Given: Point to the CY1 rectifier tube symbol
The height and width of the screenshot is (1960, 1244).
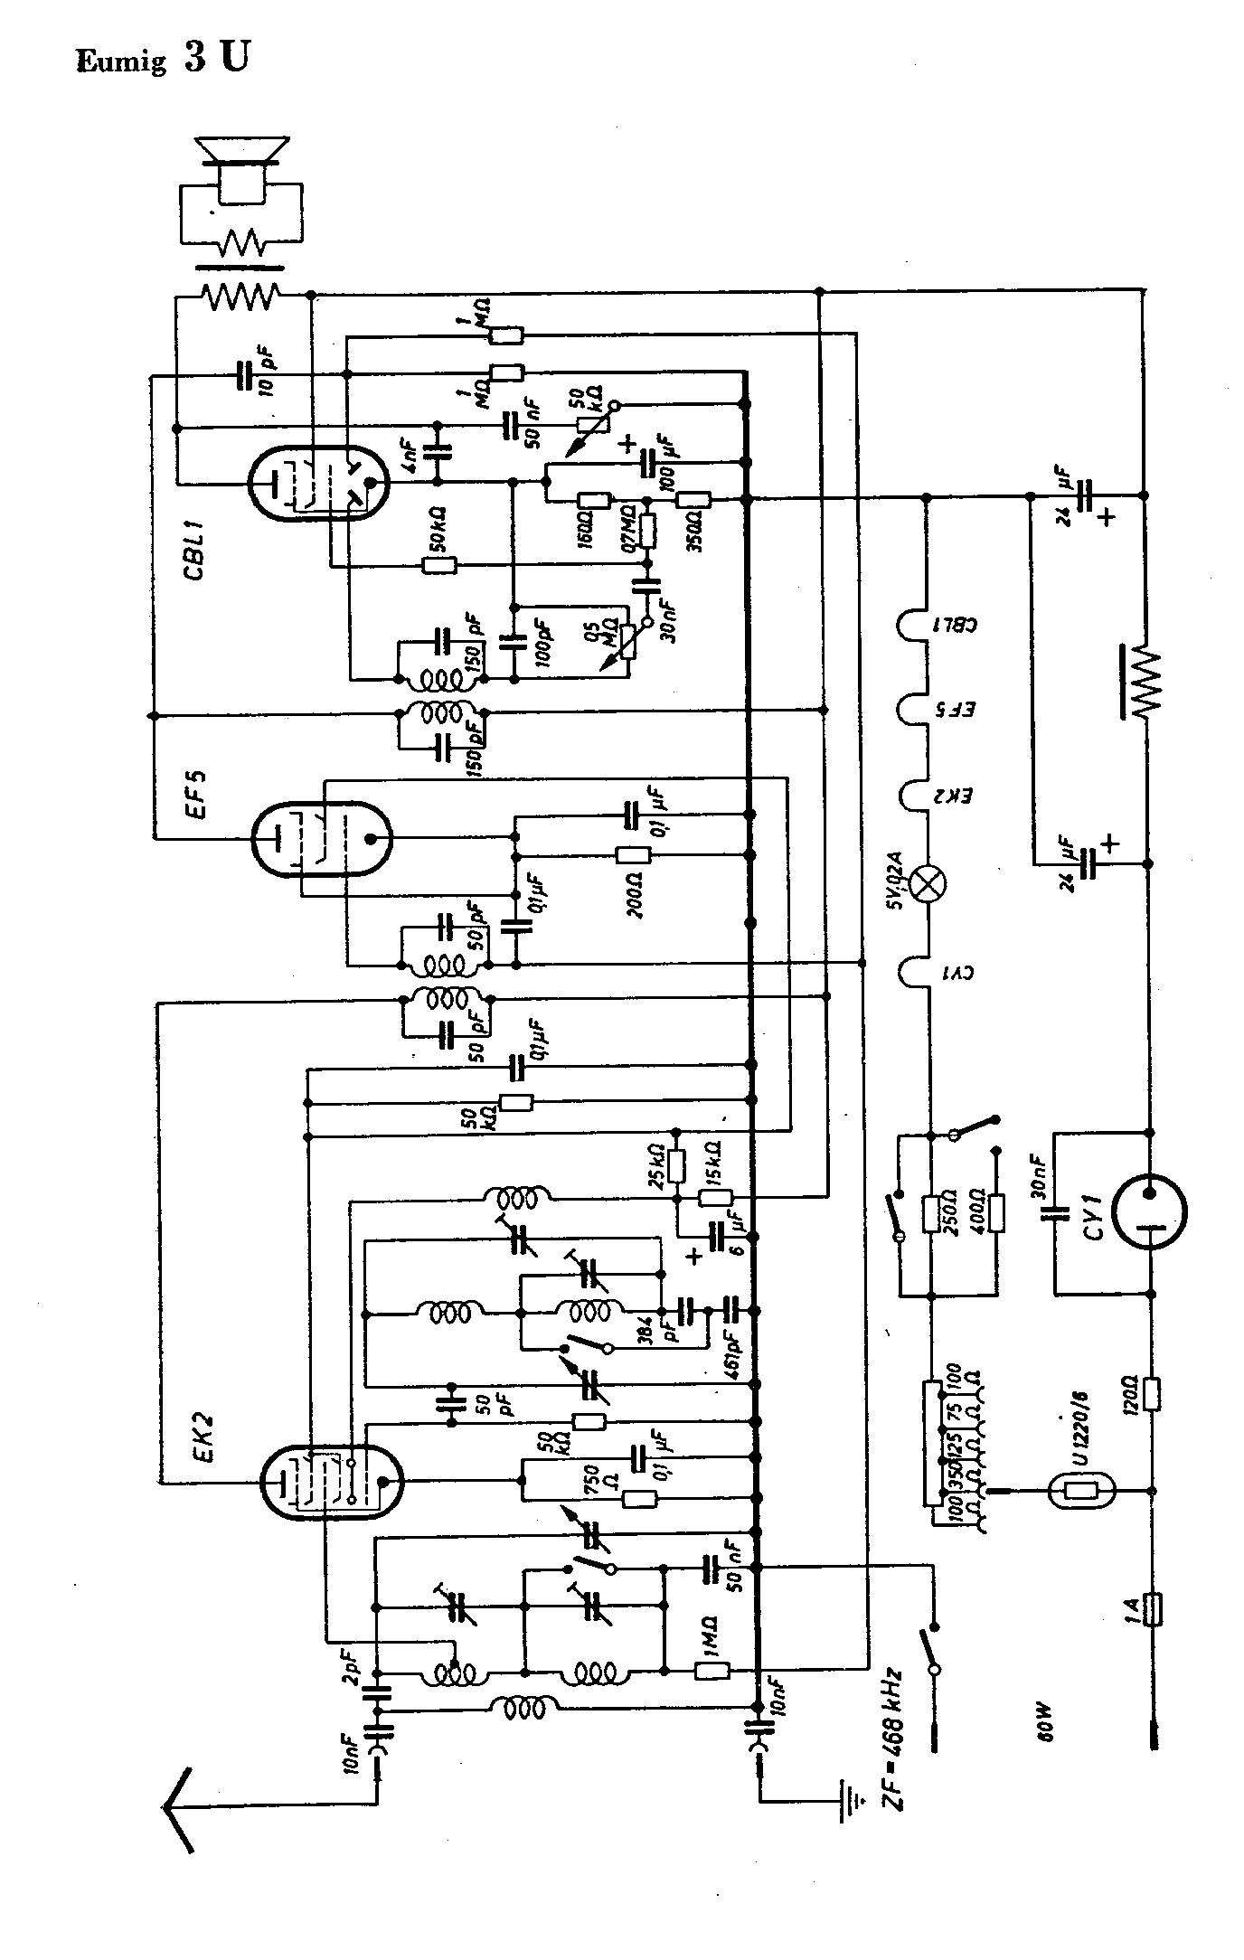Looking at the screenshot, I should point(1148,1212).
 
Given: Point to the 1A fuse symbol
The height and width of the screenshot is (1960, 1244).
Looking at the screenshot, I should point(1152,1609).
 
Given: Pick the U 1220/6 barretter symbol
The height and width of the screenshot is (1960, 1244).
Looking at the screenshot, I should point(1083,1491).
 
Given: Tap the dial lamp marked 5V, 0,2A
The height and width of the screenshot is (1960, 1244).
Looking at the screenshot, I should point(928,883).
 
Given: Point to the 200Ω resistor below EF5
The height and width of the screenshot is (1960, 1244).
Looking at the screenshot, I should point(632,855).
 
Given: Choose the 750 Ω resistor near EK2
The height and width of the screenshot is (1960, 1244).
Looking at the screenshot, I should point(640,1499).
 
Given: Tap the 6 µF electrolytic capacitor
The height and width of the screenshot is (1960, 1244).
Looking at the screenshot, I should point(719,1235).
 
